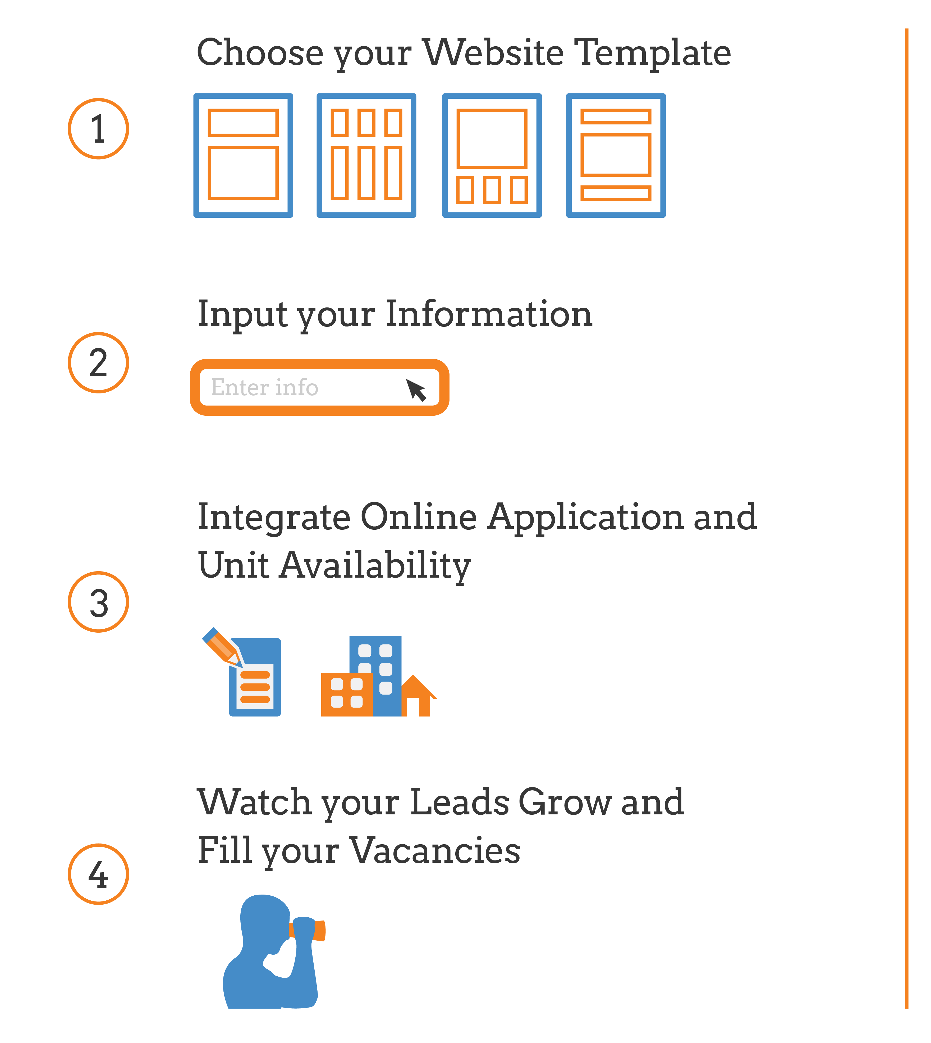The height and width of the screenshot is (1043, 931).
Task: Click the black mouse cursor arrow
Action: point(416,390)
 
